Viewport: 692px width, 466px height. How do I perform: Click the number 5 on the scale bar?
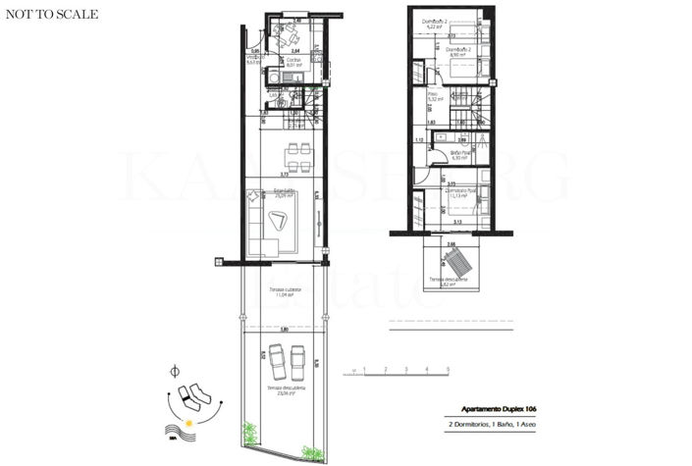(x=448, y=370)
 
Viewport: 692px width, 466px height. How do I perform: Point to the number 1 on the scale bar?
(x=364, y=370)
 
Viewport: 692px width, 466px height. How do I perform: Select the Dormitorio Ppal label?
(x=460, y=193)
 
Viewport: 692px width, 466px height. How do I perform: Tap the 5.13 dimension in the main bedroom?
(x=457, y=223)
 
